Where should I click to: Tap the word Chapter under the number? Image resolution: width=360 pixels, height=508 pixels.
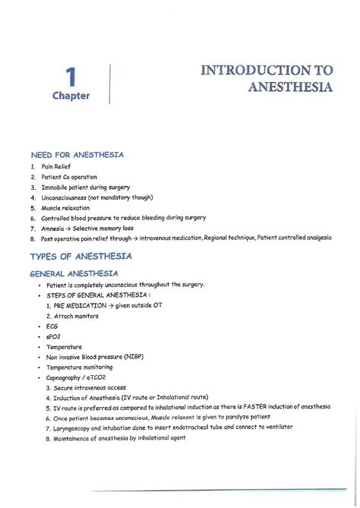(71, 96)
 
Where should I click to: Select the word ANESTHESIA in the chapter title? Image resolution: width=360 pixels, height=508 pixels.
(291, 87)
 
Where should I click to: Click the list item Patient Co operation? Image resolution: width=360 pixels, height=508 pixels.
(70, 176)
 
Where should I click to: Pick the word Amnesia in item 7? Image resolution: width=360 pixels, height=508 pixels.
(55, 228)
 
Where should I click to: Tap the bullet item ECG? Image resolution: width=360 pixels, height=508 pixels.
(52, 326)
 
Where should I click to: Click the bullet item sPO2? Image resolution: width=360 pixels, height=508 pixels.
(53, 336)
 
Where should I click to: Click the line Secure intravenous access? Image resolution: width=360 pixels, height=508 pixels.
(90, 387)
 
